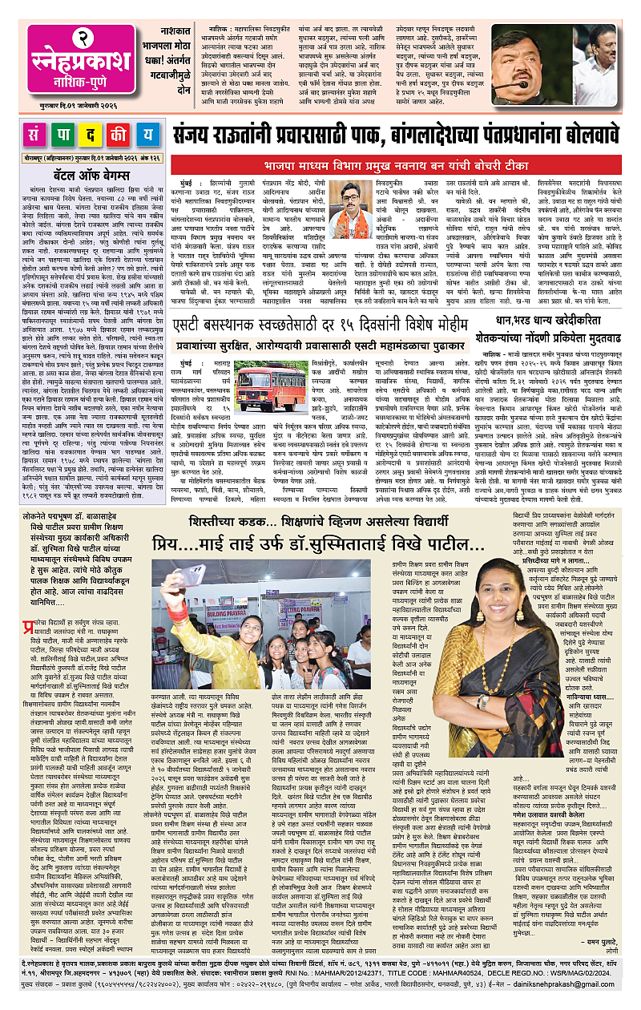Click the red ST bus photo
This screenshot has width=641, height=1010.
point(272,386)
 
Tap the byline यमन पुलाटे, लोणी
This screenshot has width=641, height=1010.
point(601,962)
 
